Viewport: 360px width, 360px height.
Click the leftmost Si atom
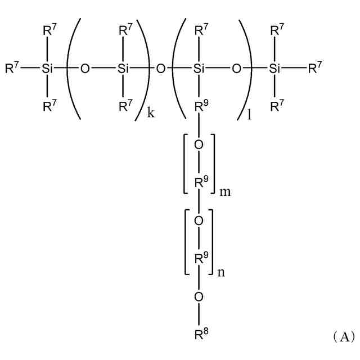tap(47, 69)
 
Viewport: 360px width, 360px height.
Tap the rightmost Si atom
tap(274, 69)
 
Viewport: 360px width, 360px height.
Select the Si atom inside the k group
tap(123, 69)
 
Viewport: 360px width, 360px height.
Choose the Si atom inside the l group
tap(199, 69)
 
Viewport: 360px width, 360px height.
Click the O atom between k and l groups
tap(161, 69)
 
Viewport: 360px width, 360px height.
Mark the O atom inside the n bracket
tap(199, 220)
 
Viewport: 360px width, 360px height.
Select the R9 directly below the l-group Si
tap(200, 107)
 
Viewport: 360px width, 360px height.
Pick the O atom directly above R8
tap(199, 296)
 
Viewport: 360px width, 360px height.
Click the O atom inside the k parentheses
tap(85, 69)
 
